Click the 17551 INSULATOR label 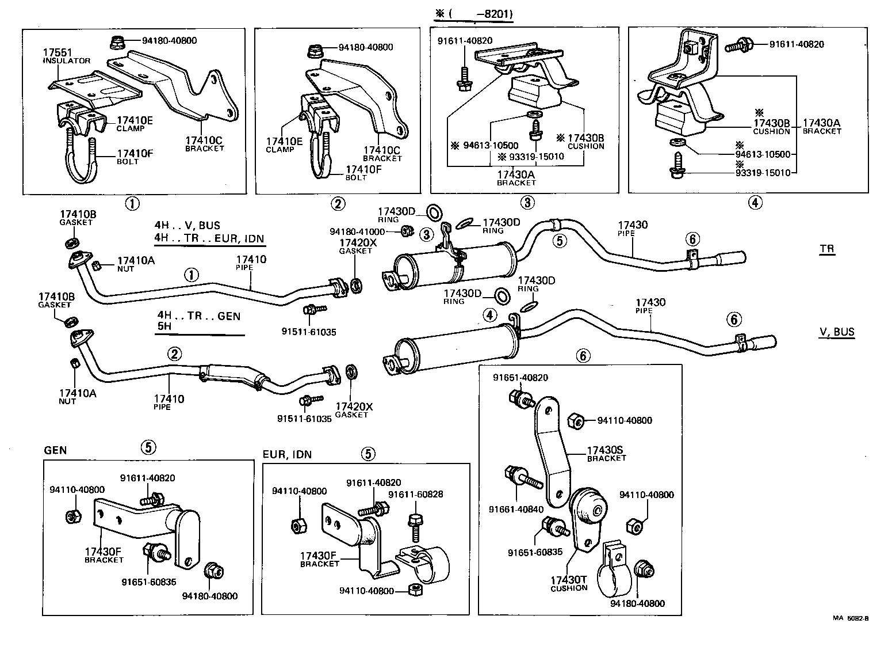(66, 55)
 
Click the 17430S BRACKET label (606, 453)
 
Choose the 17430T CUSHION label (569, 583)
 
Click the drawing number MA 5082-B (851, 619)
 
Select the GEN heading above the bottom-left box (55, 450)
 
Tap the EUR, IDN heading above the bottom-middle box (287, 454)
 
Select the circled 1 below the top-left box (132, 203)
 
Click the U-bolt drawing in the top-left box (81, 162)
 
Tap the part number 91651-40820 (520, 378)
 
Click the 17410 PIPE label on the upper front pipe (251, 263)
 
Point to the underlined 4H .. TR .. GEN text (198, 316)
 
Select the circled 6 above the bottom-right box (583, 356)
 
